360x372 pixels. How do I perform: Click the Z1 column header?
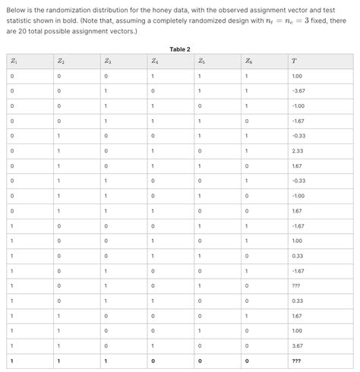click(13, 61)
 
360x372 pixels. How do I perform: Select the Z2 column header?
click(60, 61)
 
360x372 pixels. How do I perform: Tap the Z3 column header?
click(108, 61)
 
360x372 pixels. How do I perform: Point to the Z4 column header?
click(155, 61)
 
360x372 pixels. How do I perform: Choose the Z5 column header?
click(201, 61)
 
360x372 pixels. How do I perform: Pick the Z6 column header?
click(248, 61)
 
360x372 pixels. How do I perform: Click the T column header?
click(294, 61)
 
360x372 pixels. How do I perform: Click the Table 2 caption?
click(180, 49)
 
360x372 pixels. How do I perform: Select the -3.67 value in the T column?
click(298, 91)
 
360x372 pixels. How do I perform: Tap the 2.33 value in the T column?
click(297, 150)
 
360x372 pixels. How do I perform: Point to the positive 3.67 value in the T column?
click(297, 345)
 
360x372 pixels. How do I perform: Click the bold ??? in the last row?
click(296, 361)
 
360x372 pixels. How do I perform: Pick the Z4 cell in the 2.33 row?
click(153, 150)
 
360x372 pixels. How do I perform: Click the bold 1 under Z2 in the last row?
click(58, 361)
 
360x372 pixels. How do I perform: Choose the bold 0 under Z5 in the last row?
click(200, 361)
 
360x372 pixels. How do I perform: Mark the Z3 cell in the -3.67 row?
click(106, 91)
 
